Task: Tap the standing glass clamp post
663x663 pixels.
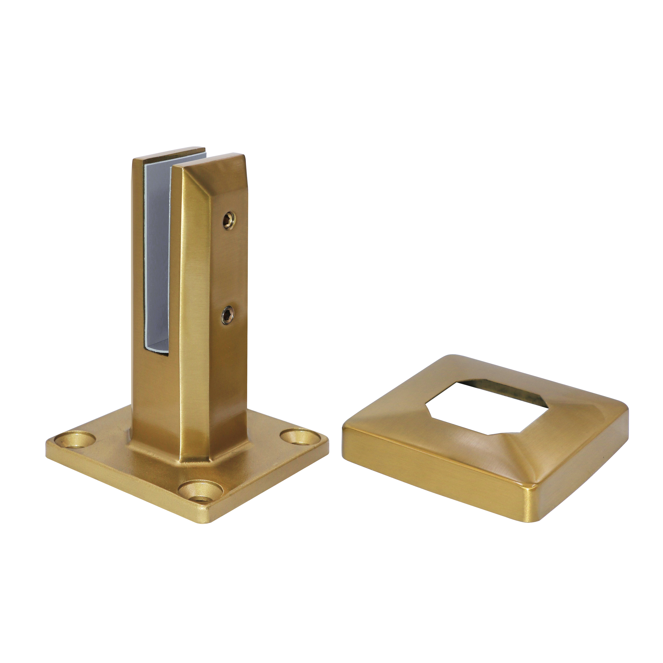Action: pos(196,292)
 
